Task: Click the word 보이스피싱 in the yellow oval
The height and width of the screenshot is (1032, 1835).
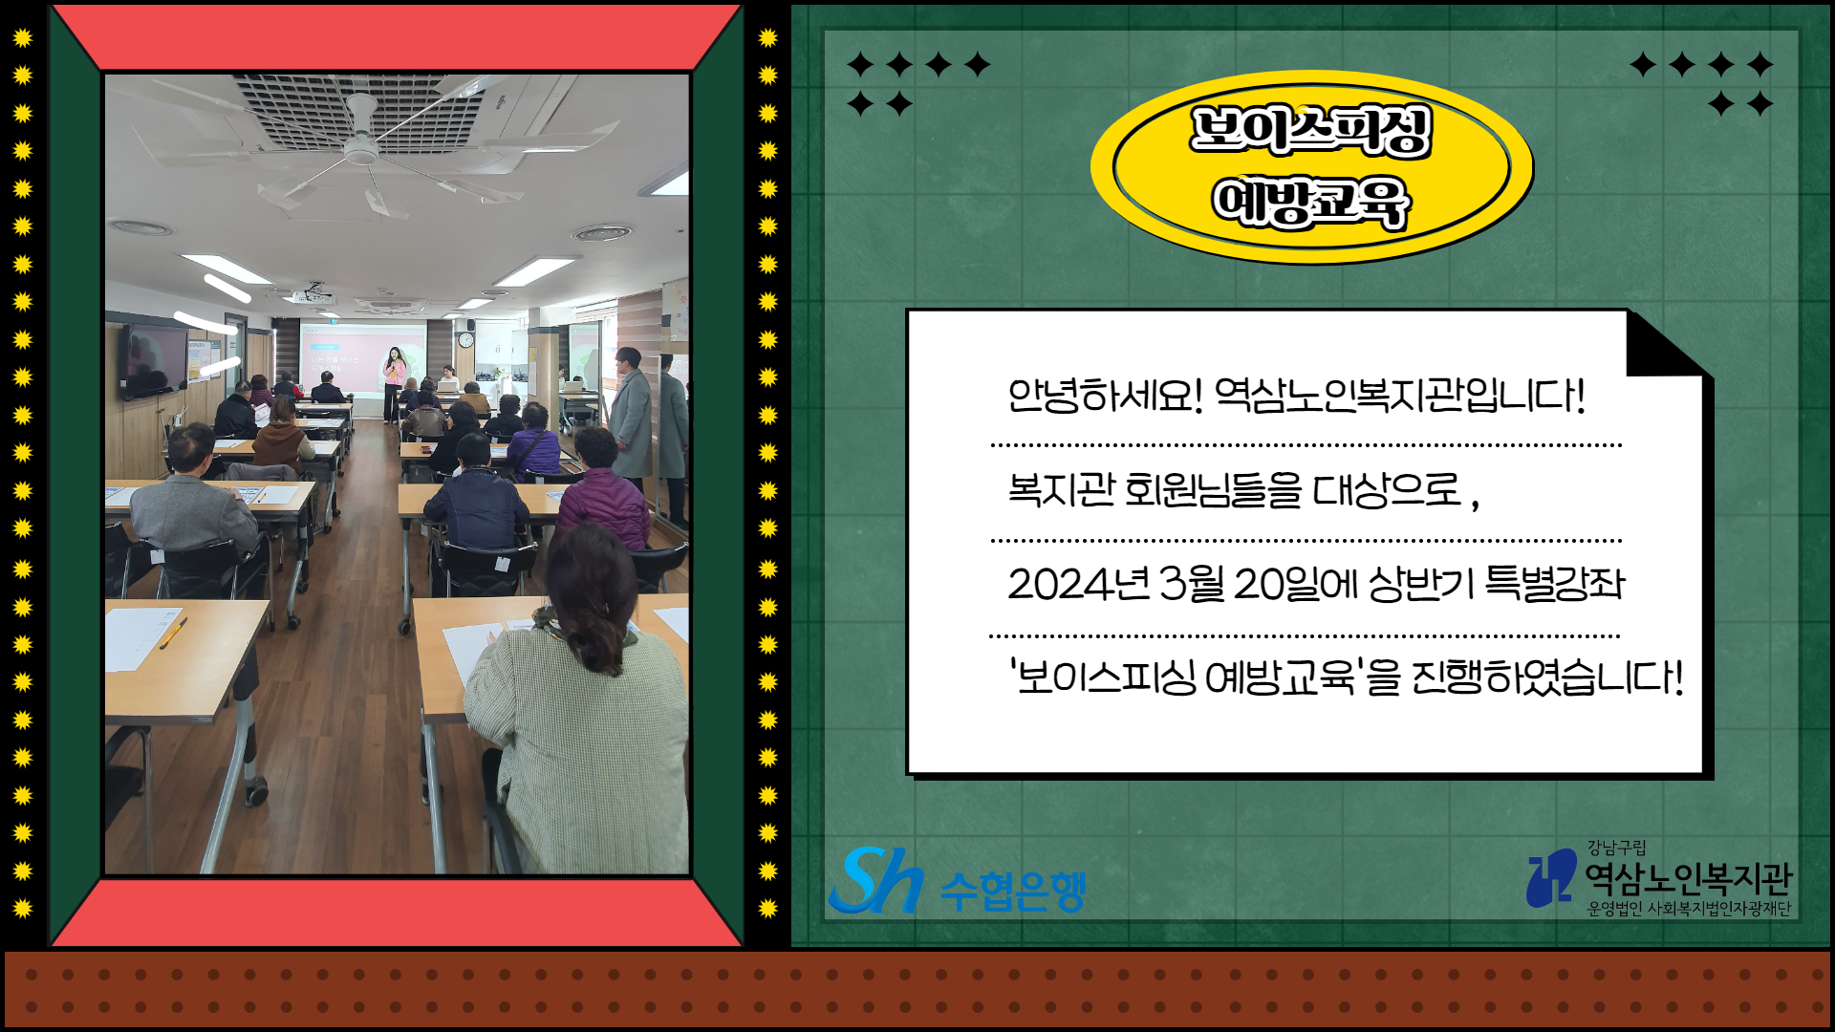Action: [x=1310, y=130]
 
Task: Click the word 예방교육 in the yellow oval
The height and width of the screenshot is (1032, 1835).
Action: [x=1310, y=203]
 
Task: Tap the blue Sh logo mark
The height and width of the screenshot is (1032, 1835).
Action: [x=875, y=880]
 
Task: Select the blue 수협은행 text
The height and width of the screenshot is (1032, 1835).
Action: [x=1013, y=891]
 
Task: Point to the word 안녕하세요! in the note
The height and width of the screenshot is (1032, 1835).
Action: [x=1105, y=395]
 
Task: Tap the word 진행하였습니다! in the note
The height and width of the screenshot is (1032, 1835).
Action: [x=1547, y=677]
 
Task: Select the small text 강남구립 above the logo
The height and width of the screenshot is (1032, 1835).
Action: [x=1616, y=848]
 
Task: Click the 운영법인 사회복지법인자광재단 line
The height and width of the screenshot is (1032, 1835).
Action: [x=1689, y=909]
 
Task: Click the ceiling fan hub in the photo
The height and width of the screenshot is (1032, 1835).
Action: [x=361, y=145]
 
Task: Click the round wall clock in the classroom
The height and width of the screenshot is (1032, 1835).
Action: [x=465, y=339]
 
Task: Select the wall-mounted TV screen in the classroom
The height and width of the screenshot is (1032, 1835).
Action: [x=153, y=360]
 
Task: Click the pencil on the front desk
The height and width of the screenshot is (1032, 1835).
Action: [x=173, y=633]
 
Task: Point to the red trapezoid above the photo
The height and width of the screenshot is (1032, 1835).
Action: [x=397, y=37]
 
